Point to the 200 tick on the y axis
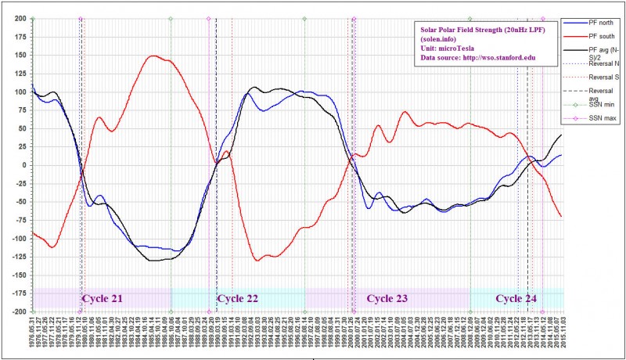pyautogui.click(x=16, y=17)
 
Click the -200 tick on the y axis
pyautogui.click(x=15, y=311)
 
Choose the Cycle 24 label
pyautogui.click(x=516, y=298)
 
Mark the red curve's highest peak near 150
pyautogui.click(x=154, y=56)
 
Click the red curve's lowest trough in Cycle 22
pyautogui.click(x=257, y=260)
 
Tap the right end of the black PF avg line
pyautogui.click(x=561, y=135)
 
